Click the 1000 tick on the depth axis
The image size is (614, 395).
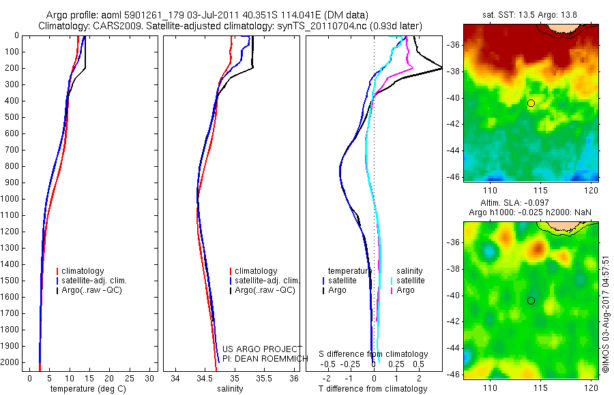[x=12, y=199]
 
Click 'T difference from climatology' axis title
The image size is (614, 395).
[x=372, y=389]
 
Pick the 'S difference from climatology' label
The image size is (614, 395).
[x=373, y=354]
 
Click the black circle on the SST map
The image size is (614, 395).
[x=531, y=103]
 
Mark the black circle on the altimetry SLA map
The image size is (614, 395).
[x=531, y=300]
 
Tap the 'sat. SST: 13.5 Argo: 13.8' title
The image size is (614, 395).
[x=531, y=15]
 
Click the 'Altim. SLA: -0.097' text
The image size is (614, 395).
[x=531, y=204]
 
